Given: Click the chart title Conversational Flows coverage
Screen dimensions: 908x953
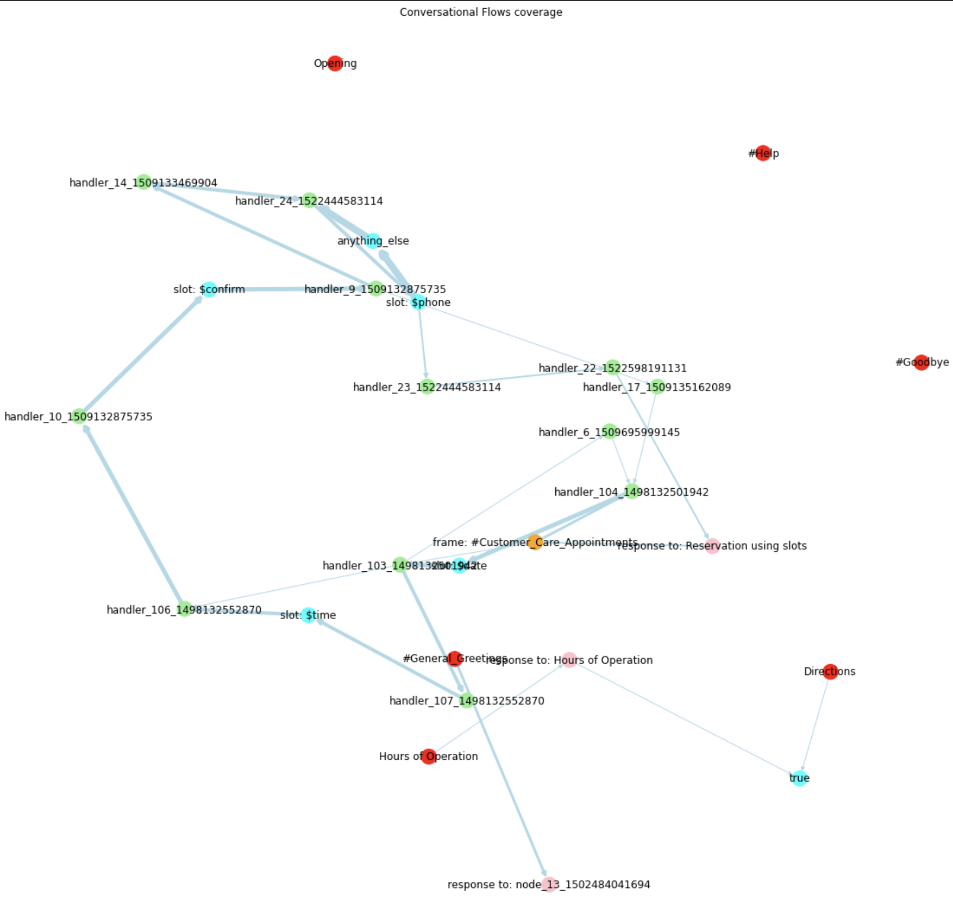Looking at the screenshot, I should point(481,12).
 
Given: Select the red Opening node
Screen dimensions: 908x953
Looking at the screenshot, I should point(335,64).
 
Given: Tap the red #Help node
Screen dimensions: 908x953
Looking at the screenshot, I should point(763,153).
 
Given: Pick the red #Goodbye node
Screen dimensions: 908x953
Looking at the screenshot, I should point(921,362).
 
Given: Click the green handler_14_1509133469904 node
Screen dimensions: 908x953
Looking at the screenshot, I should point(143,182).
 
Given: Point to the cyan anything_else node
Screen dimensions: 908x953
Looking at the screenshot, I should point(373,241).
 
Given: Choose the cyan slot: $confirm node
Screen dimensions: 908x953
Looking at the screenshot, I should point(209,289).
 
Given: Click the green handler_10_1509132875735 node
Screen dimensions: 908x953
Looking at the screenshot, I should point(79,417).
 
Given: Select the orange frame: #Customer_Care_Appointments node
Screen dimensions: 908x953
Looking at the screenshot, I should point(535,542).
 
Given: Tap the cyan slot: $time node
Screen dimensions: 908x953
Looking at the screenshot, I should point(308,615).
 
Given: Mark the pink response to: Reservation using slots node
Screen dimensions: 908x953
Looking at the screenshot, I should point(712,546).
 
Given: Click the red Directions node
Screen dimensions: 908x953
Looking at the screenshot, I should point(830,671).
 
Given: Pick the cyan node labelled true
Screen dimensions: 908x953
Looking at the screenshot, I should point(799,778).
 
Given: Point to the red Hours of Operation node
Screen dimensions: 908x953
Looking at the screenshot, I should point(429,756).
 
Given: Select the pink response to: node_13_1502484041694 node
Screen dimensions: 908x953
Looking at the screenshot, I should point(549,884).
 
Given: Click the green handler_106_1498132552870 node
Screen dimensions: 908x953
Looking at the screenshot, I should point(184,609).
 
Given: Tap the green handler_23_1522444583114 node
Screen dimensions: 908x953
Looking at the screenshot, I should point(427,387).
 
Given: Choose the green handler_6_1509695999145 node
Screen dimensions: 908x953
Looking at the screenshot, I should point(610,432).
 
